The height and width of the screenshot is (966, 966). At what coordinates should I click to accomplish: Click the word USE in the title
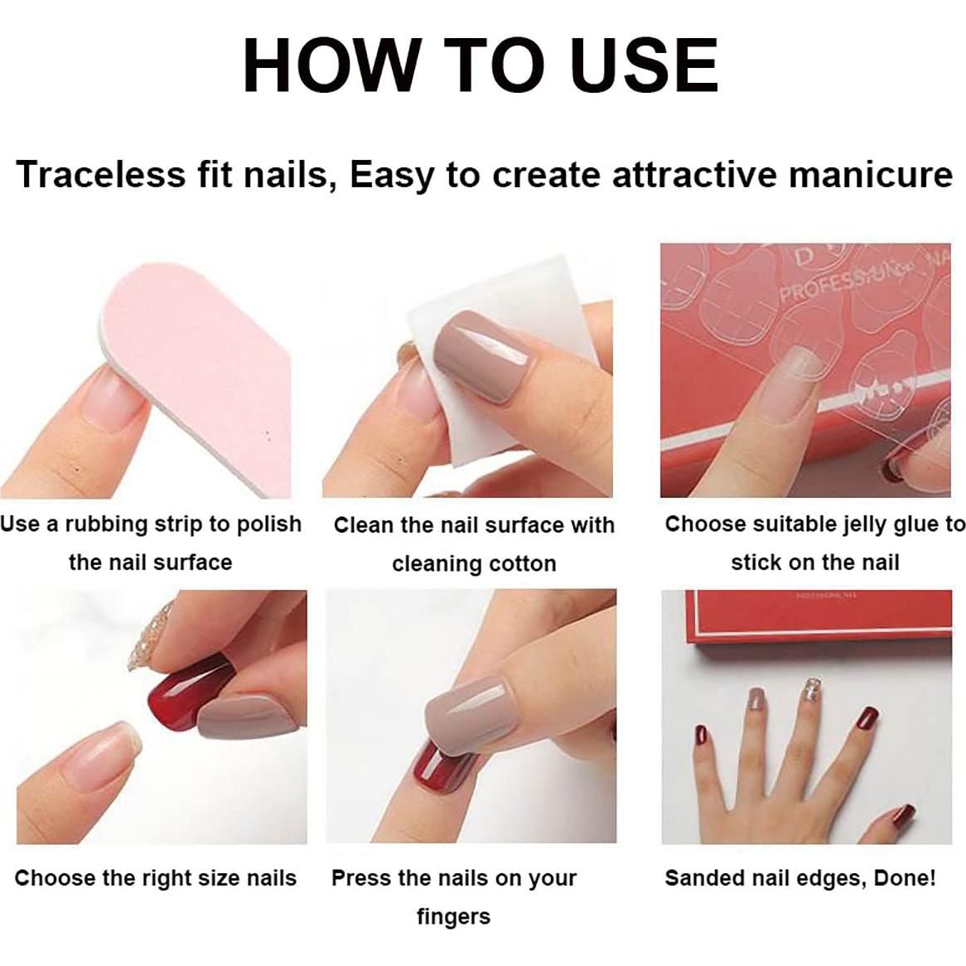645,65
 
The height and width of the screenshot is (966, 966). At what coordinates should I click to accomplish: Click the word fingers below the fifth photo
453,917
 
